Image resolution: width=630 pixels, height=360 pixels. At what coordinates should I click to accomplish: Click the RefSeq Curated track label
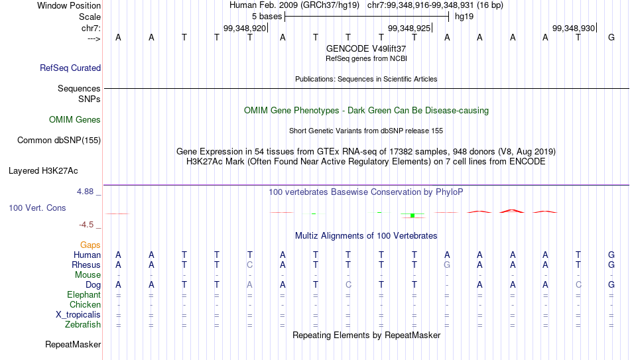click(x=70, y=68)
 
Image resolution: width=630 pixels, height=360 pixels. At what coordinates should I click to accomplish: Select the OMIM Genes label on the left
click(x=75, y=120)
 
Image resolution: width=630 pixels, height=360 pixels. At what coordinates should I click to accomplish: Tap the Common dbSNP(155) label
click(x=58, y=141)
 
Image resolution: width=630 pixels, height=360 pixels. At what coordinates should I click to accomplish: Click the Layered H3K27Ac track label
click(x=43, y=171)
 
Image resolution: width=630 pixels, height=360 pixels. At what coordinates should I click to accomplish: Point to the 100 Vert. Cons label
click(x=37, y=208)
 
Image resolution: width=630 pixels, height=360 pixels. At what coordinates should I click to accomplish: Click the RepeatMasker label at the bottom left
click(x=73, y=344)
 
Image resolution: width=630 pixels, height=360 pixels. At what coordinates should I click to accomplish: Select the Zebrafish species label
click(x=83, y=324)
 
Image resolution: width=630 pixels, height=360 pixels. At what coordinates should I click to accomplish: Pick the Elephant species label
click(x=84, y=294)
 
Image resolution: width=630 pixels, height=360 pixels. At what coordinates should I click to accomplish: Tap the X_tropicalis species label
click(x=78, y=315)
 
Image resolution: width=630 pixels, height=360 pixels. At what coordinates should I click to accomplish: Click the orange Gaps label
click(x=90, y=245)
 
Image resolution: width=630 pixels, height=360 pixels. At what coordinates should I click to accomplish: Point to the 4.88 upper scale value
click(x=85, y=192)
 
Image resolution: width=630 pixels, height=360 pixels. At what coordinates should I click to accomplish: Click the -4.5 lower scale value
click(x=86, y=225)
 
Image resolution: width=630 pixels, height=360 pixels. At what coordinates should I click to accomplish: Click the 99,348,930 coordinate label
click(x=574, y=28)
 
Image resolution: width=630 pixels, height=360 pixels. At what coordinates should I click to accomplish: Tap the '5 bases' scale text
click(x=267, y=17)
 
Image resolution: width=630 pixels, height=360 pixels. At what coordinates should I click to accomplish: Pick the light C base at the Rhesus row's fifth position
click(x=250, y=265)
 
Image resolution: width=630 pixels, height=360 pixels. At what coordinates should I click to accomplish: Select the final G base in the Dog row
click(x=611, y=285)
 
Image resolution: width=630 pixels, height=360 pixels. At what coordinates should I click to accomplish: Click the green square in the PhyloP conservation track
click(x=412, y=215)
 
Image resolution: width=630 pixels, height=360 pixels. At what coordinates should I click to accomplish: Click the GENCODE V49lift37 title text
click(x=366, y=48)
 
